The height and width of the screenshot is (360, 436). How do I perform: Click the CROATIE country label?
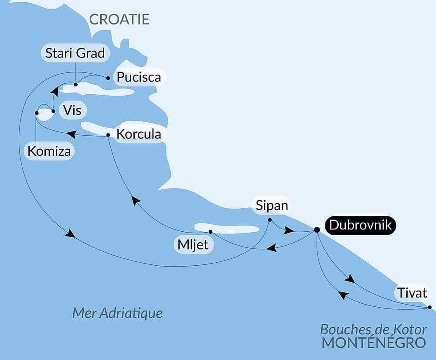[119, 19]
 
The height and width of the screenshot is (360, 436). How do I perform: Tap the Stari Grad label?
[75, 53]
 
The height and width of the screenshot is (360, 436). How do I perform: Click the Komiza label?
[49, 151]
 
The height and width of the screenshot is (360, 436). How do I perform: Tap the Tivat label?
[412, 292]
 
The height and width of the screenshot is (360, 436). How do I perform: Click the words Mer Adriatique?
[117, 313]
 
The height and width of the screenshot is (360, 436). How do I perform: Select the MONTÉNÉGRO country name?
[374, 343]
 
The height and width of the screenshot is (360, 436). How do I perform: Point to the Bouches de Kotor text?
[374, 329]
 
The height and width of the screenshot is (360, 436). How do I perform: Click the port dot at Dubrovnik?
[317, 230]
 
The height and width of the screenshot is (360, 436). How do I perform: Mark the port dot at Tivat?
[429, 307]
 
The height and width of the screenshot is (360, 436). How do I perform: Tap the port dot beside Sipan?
[270, 219]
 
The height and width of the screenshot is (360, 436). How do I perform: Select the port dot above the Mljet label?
[210, 232]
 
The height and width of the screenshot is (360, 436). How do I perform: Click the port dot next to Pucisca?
[108, 78]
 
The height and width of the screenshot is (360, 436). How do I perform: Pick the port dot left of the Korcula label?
[108, 135]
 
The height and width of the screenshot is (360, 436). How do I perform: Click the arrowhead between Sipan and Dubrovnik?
[288, 230]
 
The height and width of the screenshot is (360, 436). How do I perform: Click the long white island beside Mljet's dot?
[227, 228]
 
